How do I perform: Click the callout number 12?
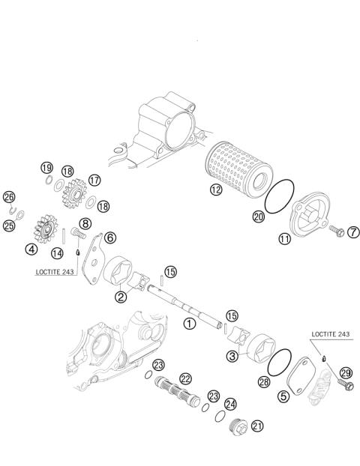point(216,190)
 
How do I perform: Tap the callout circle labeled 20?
point(258,216)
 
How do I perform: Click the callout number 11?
point(285,240)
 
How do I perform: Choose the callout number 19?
point(46,167)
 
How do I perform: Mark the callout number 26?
point(9,198)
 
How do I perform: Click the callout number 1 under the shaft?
point(190,324)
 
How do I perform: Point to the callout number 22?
point(185,378)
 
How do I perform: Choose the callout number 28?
point(264,382)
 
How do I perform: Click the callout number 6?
point(110,237)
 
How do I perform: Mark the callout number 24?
point(230,403)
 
